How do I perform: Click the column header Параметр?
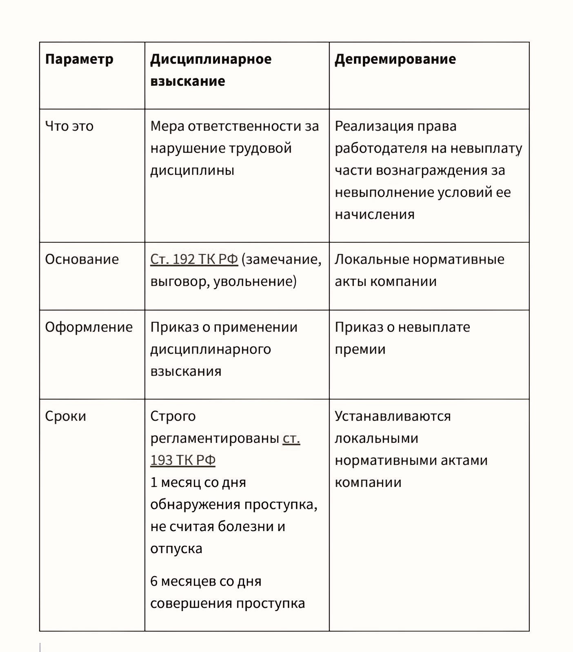[x=79, y=59]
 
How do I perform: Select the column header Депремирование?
[x=395, y=59]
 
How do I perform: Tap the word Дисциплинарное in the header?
[x=211, y=59]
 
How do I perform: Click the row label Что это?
[x=69, y=126]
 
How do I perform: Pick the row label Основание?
[x=82, y=259]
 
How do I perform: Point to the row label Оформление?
[x=89, y=327]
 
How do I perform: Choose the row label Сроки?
[x=65, y=416]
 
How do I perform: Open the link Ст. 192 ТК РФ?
[x=194, y=259]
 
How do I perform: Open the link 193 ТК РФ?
[x=182, y=460]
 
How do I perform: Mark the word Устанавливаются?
[x=393, y=416]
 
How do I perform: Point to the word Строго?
[x=173, y=416]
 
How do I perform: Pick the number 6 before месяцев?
[x=154, y=581]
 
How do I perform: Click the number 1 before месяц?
[x=154, y=482]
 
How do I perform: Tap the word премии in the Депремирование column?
[x=360, y=349]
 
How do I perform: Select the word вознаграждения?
[x=431, y=170]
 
